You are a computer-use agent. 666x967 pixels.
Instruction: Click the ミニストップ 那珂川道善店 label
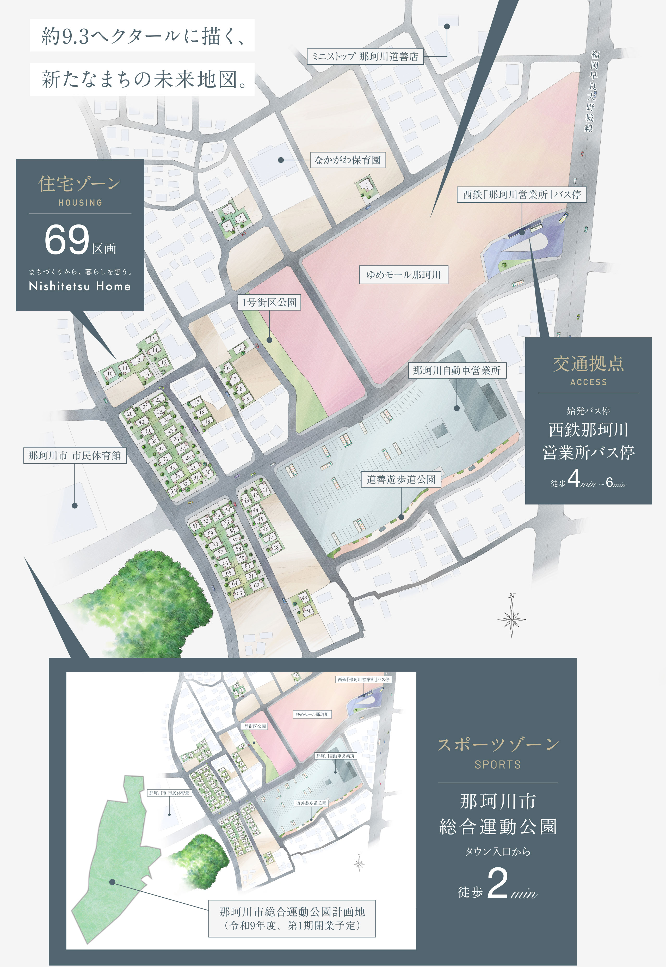[365, 56]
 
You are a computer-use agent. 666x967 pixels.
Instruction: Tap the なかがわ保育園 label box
[348, 160]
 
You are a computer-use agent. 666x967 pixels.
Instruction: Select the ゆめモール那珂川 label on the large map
[404, 275]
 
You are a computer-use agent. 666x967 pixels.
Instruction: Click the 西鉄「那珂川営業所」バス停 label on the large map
[522, 194]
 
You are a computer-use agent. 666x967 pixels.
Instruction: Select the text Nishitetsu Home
[80, 287]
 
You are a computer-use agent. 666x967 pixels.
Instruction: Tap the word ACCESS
[588, 382]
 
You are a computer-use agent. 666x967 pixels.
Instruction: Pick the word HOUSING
[80, 203]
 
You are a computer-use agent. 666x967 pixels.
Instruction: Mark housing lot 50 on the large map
[309, 611]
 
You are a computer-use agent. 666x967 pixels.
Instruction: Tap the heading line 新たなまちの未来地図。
[142, 79]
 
